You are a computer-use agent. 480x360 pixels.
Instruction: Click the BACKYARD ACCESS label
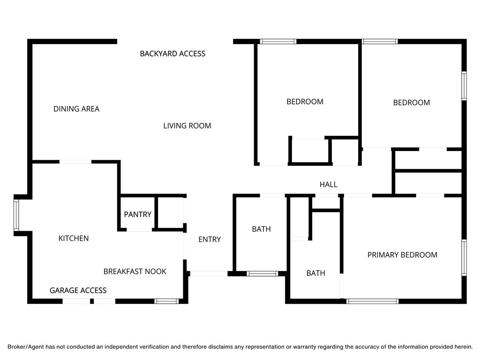172,53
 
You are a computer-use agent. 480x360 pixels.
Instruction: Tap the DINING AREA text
76,109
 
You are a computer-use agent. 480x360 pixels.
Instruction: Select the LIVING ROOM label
187,126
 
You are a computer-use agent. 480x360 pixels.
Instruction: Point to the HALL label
328,184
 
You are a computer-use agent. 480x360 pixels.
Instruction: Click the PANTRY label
137,214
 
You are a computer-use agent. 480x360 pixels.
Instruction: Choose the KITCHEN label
74,238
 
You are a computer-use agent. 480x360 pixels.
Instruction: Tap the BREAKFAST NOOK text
135,271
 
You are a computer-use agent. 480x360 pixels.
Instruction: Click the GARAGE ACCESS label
78,290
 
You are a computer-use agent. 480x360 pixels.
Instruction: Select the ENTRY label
210,239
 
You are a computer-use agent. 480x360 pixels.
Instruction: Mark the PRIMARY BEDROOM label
402,255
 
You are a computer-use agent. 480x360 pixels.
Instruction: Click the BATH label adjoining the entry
261,229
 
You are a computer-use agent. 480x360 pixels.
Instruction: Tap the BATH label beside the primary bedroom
315,273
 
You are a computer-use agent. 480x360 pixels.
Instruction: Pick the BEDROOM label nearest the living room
305,101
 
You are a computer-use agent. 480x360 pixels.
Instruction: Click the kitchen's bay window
16,215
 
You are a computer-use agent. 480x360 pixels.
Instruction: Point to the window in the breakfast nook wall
167,301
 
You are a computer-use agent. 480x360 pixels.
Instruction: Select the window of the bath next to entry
262,273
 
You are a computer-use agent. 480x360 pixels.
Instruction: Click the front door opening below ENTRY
209,273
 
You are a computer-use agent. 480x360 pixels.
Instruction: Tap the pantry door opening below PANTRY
139,230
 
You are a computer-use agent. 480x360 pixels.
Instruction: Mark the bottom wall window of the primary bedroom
372,301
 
